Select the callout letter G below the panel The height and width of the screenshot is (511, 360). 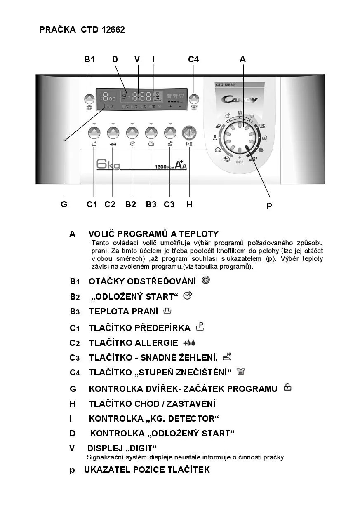(64, 204)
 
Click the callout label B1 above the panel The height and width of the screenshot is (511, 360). (89, 59)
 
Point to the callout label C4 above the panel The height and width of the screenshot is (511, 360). (193, 59)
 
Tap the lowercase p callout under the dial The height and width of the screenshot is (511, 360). (269, 205)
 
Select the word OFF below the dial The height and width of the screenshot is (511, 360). (240, 162)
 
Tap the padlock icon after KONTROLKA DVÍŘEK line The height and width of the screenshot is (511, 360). (287, 387)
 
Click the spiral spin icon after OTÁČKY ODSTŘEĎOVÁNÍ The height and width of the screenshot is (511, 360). (206, 280)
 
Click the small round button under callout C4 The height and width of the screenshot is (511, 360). (194, 99)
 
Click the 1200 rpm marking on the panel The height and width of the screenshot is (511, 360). (163, 167)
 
